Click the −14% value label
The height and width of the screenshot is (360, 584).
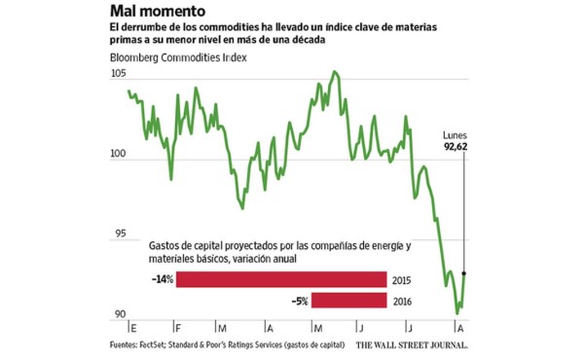click(162, 280)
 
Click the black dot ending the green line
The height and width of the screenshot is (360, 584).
click(464, 273)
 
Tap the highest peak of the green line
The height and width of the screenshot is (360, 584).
click(335, 72)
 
